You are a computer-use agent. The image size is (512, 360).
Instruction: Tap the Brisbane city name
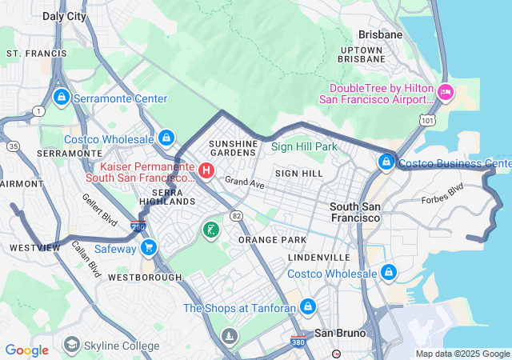click(380, 35)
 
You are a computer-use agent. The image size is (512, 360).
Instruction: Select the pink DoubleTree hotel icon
click(446, 94)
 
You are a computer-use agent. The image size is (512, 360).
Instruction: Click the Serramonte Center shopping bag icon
click(61, 98)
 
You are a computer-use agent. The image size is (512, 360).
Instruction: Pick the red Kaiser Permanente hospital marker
click(206, 170)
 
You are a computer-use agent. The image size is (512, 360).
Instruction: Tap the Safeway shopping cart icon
click(148, 249)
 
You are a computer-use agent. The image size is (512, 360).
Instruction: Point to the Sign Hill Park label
click(304, 147)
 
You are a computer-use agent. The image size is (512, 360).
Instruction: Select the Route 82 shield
click(236, 216)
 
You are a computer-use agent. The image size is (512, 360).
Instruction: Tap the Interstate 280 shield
click(138, 227)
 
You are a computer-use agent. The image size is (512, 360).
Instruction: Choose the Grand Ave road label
click(243, 183)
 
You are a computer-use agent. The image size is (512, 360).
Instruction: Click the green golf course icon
click(210, 230)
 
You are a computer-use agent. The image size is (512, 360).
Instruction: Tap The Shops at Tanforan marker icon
click(307, 307)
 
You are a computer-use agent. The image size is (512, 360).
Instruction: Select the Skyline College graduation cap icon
click(72, 346)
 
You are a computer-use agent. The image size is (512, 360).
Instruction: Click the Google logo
click(26, 350)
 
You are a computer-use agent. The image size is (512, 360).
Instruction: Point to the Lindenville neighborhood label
click(319, 258)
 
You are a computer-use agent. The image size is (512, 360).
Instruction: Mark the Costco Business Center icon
click(386, 163)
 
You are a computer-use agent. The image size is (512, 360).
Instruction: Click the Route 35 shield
click(14, 146)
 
